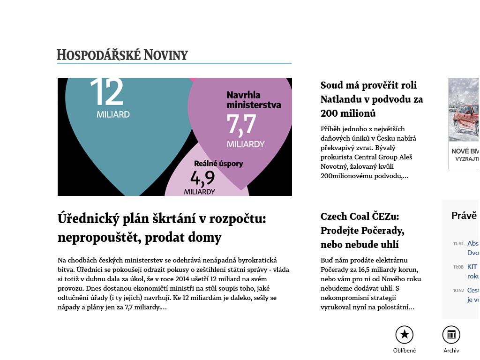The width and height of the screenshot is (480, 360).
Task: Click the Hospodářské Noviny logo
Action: (x=122, y=55)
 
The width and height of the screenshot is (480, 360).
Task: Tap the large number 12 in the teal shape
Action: (x=106, y=92)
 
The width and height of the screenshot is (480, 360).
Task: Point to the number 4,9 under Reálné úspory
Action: (x=202, y=178)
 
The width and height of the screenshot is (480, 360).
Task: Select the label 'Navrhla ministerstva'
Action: (x=254, y=100)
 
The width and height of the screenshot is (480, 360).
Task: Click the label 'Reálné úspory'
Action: (x=218, y=164)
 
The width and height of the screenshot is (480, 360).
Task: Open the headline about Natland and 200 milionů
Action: (x=372, y=99)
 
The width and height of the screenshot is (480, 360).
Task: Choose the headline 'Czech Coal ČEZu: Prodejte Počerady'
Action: (x=362, y=230)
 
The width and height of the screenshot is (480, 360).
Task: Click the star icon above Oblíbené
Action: (x=405, y=335)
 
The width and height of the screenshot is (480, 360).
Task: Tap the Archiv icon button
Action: (x=451, y=335)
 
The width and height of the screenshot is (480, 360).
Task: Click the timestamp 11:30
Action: (x=458, y=244)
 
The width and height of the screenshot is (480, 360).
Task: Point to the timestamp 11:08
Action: (x=458, y=267)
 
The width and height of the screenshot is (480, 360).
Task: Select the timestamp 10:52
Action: (x=458, y=291)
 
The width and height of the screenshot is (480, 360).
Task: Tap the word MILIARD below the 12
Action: (x=113, y=114)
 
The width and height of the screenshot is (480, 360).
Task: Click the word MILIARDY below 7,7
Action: (x=246, y=144)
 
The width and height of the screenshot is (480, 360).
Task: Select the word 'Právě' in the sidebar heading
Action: (x=464, y=216)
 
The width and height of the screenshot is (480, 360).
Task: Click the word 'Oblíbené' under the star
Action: (x=405, y=351)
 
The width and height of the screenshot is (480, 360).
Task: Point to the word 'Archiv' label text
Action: (x=451, y=351)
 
